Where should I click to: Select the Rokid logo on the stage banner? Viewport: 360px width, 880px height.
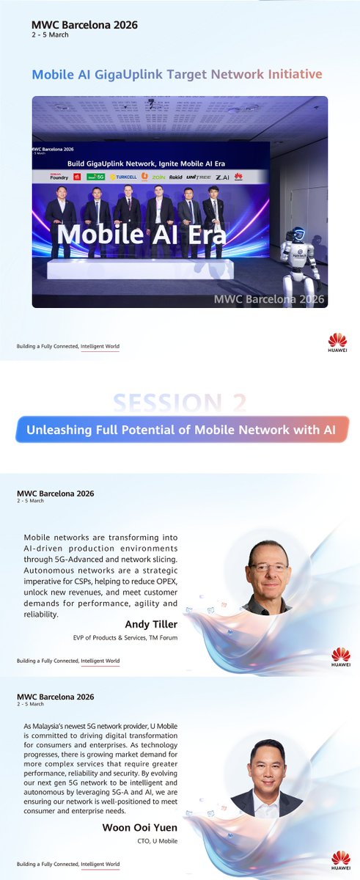point(176,177)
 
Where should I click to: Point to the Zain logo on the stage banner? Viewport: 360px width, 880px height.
point(158,177)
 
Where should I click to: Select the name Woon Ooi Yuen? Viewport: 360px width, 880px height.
point(142,827)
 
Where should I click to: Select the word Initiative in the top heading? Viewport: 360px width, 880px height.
point(294,74)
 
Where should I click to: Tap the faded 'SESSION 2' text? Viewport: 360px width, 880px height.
point(179,403)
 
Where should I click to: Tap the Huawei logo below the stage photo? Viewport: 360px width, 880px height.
point(337,342)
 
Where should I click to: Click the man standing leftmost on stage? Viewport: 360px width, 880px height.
point(60,218)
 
